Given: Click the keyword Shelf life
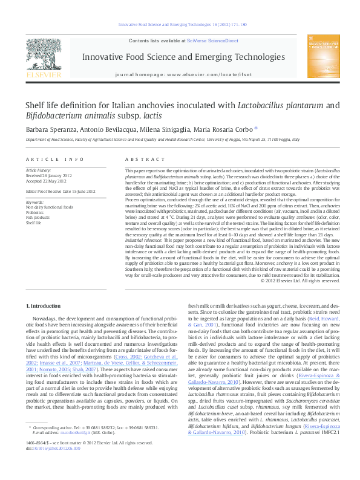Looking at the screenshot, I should pos(35,222).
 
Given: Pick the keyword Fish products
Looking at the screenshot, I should pos(38,218).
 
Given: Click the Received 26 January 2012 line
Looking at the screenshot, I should pos(51,176).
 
